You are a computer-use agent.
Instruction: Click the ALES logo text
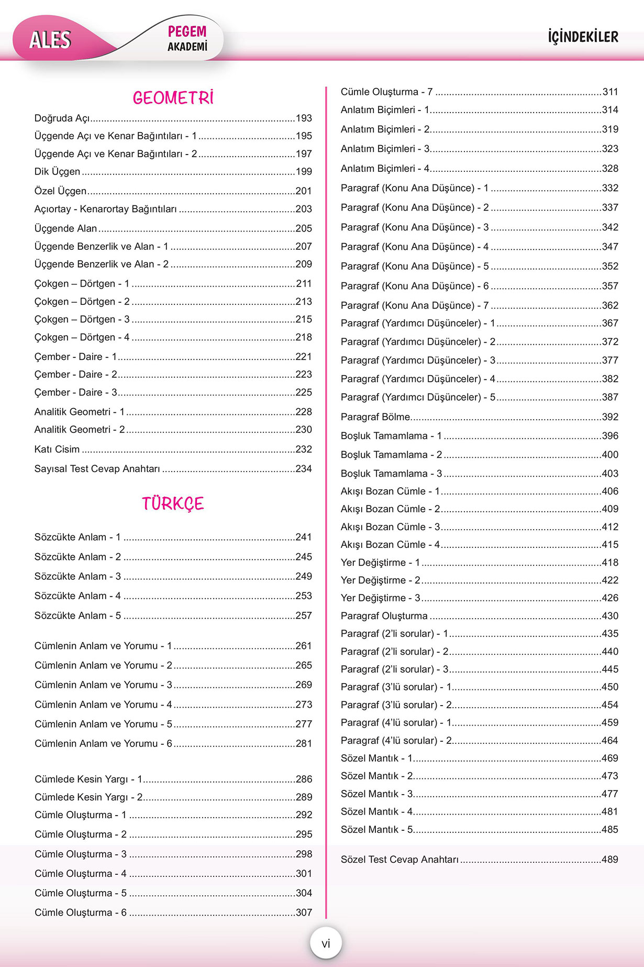point(50,39)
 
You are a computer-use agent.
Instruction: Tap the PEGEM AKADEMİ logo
point(187,38)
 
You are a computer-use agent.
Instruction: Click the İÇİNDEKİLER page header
point(583,37)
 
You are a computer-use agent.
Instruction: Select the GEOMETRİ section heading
point(173,98)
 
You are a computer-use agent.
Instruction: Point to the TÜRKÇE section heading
point(173,503)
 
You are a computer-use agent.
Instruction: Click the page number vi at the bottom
point(326,943)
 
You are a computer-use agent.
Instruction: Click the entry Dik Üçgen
point(57,171)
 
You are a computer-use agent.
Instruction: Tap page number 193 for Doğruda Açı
point(304,118)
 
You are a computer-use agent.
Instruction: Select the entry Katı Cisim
point(57,449)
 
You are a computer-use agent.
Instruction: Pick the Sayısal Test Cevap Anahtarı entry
point(97,468)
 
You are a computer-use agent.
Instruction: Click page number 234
point(304,468)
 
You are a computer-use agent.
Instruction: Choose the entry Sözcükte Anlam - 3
point(77,576)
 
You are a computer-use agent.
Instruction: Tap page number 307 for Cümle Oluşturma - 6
point(304,912)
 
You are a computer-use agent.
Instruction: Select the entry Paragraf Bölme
point(375,417)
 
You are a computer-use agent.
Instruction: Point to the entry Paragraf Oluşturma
point(384,616)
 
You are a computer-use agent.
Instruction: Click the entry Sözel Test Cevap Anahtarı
point(399,859)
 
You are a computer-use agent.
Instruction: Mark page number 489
point(610,859)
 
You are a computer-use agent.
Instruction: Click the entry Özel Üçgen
point(60,191)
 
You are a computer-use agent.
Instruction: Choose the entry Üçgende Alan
point(65,228)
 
